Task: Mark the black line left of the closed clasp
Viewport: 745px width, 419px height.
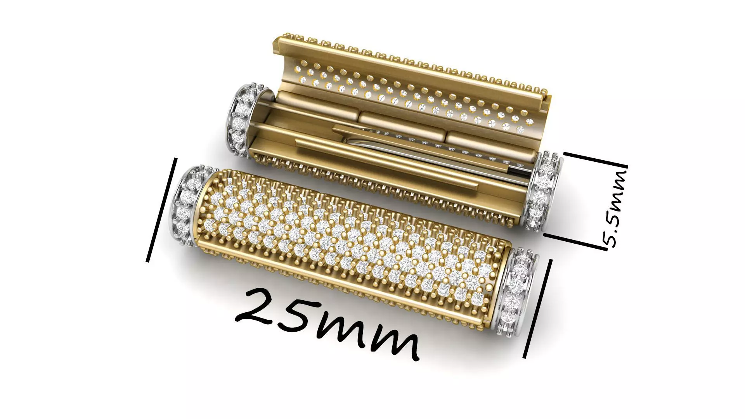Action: pyautogui.click(x=162, y=209)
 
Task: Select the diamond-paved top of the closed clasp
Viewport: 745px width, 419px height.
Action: pyautogui.click(x=349, y=241)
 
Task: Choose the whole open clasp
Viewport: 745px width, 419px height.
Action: pyautogui.click(x=392, y=132)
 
